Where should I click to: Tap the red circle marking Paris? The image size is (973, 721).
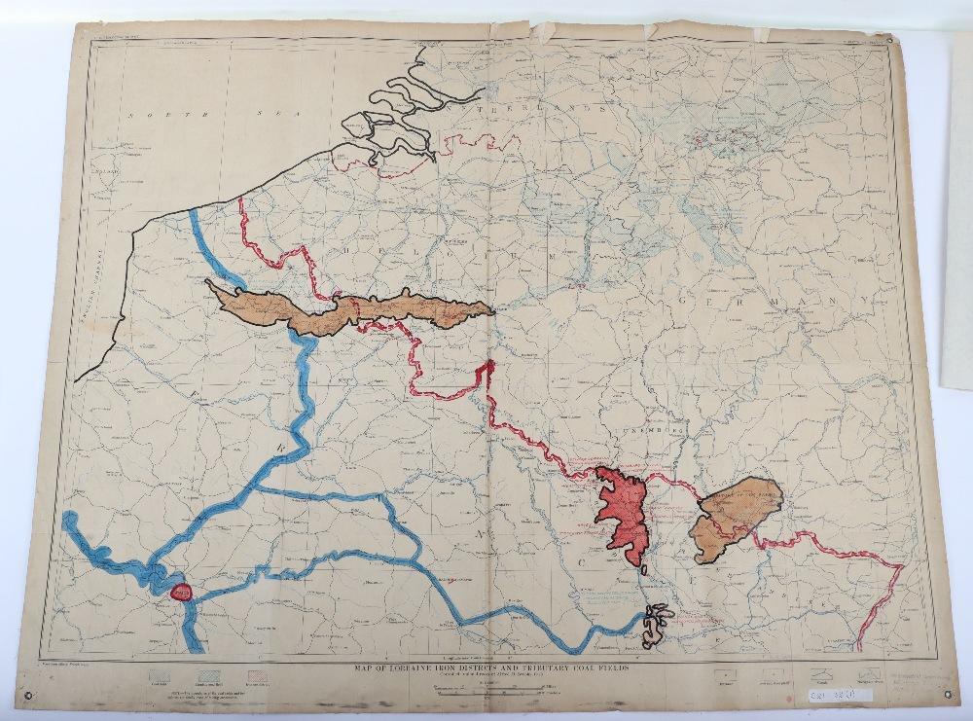(x=180, y=590)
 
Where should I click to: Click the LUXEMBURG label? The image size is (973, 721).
(x=654, y=428)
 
